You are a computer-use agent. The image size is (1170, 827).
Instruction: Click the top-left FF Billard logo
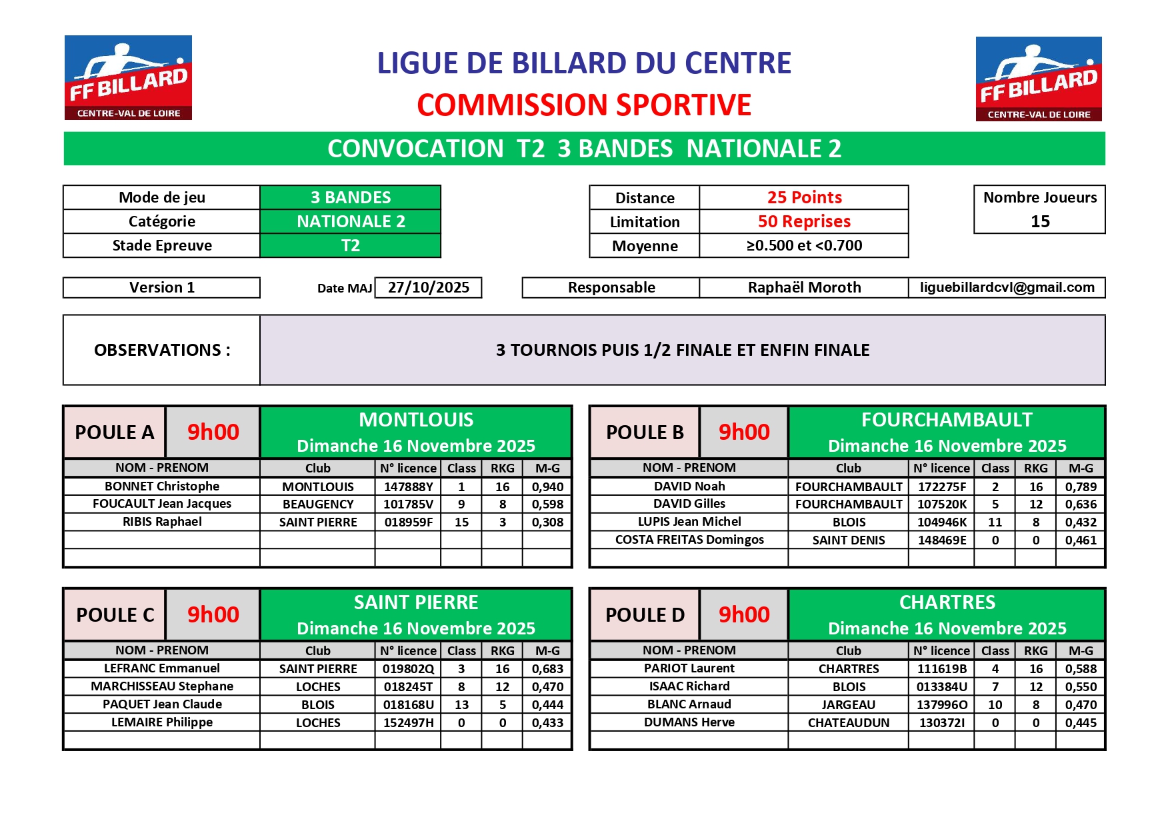[128, 78]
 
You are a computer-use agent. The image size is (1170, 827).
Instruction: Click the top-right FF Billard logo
[1038, 79]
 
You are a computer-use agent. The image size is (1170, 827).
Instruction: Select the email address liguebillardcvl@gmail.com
[1007, 287]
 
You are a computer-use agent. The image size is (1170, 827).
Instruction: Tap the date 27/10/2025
[429, 287]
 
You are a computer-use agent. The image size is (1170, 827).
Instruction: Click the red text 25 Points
[804, 197]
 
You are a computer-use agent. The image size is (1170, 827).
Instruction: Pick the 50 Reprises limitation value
[804, 221]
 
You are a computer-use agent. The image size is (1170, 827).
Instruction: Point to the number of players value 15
[1039, 221]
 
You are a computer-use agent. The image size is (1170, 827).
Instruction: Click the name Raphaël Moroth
[804, 287]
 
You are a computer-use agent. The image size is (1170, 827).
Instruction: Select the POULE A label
[115, 432]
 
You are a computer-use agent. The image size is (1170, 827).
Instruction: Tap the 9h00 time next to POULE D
[743, 614]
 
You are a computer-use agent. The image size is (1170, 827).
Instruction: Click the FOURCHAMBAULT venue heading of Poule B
[946, 420]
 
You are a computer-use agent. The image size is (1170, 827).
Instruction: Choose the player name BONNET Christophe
[162, 486]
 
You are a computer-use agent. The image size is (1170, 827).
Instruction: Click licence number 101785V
[408, 504]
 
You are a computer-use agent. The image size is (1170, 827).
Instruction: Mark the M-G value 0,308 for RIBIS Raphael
[547, 522]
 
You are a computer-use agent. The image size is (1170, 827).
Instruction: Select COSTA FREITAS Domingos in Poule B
[689, 540]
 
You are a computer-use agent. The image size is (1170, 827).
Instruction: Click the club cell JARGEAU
[848, 704]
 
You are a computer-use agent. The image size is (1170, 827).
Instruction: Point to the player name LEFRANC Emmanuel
[162, 668]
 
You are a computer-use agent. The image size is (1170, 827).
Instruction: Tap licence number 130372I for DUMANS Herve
[941, 722]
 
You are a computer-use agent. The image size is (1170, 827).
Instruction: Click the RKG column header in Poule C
[502, 650]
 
